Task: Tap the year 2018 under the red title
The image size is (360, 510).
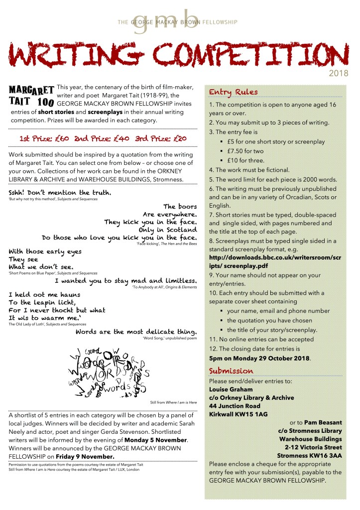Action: click(340, 73)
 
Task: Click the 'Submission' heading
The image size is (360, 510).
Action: click(231, 371)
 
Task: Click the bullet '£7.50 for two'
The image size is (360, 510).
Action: click(245, 151)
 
